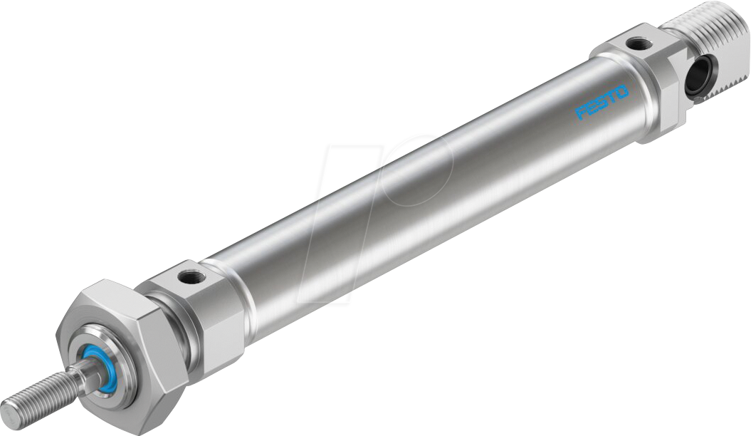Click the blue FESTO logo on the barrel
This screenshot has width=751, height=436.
602,102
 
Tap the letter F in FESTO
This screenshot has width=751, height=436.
580,113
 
